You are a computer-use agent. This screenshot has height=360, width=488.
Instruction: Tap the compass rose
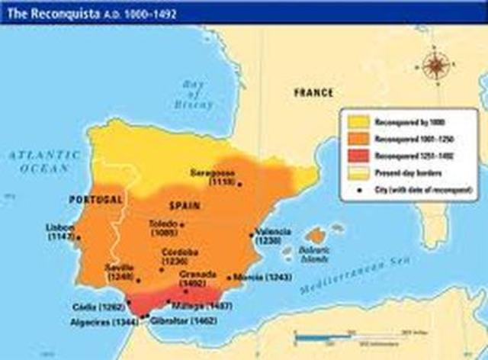tap(435, 65)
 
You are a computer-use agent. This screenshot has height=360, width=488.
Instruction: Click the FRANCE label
tap(313, 92)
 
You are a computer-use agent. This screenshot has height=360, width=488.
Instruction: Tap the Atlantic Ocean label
tap(40, 160)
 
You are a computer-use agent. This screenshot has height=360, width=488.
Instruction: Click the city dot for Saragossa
tap(239, 184)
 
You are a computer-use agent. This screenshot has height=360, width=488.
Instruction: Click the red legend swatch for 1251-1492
tap(358, 156)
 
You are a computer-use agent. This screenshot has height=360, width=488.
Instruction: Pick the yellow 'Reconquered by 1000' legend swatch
tap(358, 121)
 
